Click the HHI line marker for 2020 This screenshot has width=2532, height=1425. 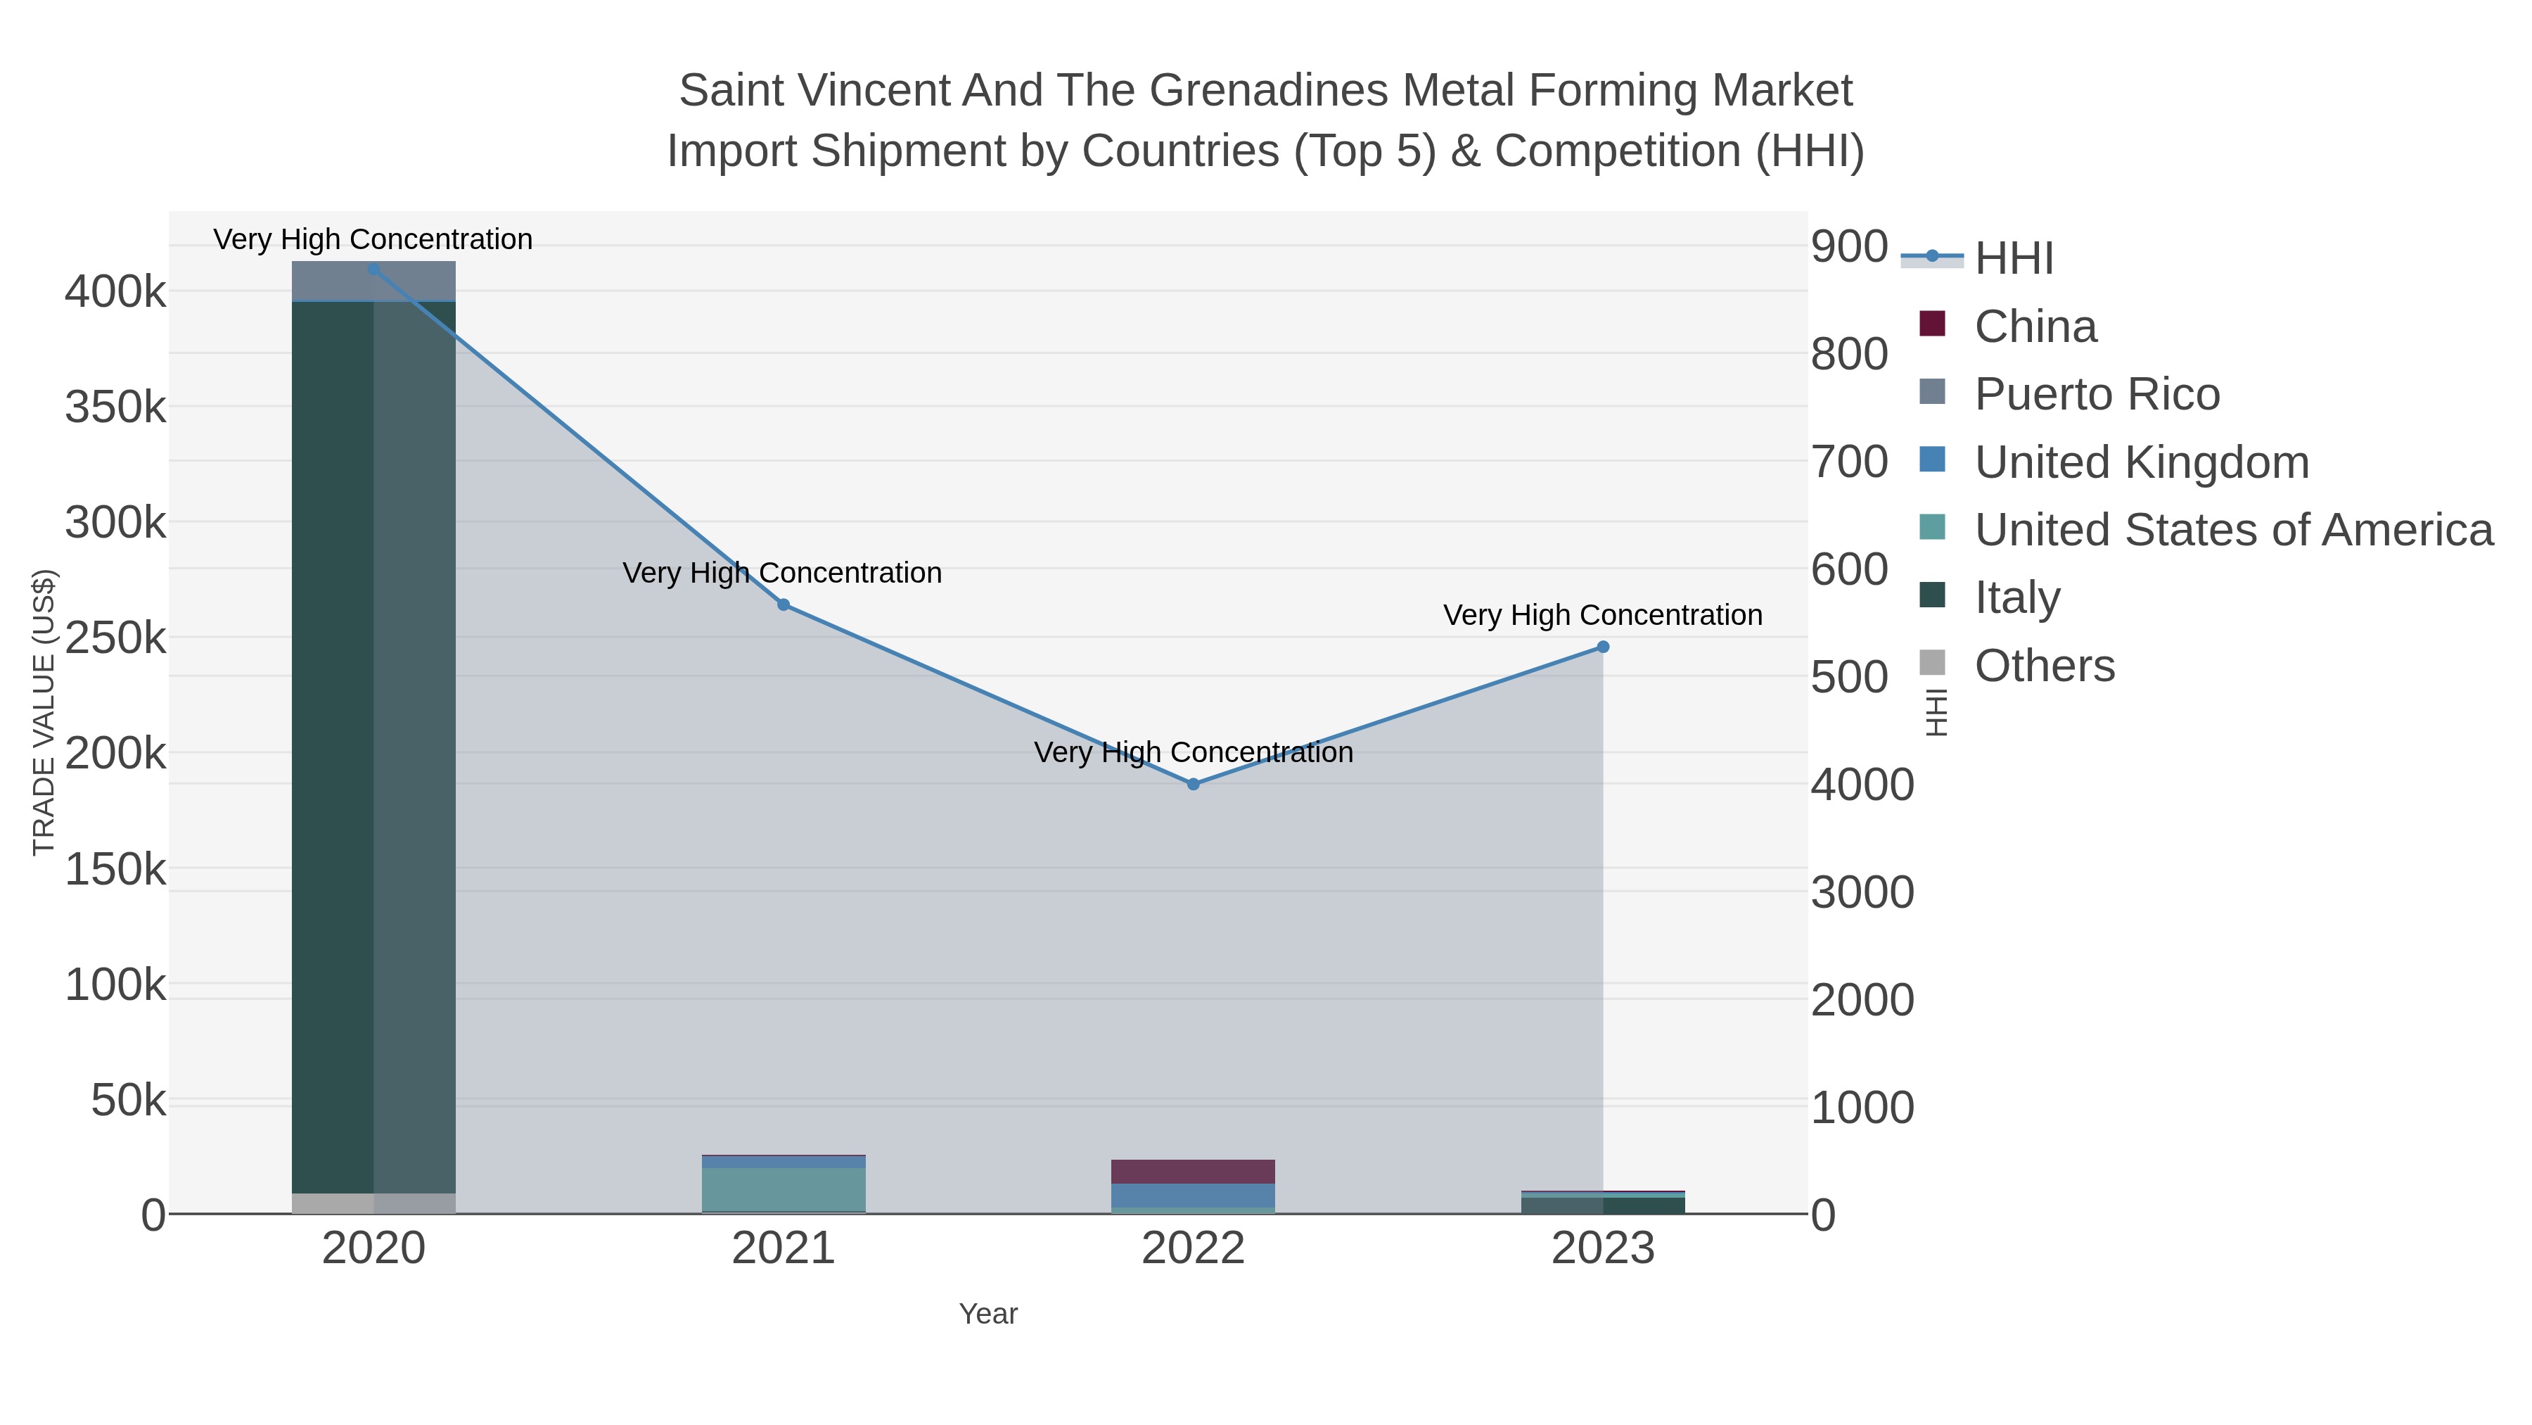point(373,270)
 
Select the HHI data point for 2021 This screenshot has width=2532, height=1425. point(784,604)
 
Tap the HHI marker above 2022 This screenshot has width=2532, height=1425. point(1194,784)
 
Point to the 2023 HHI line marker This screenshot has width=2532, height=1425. point(1603,647)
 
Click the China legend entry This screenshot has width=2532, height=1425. point(2035,327)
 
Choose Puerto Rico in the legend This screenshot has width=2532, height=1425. point(2097,394)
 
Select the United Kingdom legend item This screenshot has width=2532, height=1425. point(2141,462)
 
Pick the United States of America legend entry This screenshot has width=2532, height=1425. point(2233,530)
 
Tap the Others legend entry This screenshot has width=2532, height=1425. point(2045,666)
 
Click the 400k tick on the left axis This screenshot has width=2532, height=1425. point(116,292)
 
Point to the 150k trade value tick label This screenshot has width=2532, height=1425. point(116,869)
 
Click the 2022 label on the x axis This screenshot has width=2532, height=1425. point(1194,1249)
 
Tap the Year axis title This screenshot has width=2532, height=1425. point(988,1314)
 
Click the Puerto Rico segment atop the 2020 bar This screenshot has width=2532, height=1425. point(373,281)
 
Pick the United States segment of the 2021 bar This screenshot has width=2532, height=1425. point(784,1189)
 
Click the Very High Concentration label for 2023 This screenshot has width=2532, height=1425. point(1602,616)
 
